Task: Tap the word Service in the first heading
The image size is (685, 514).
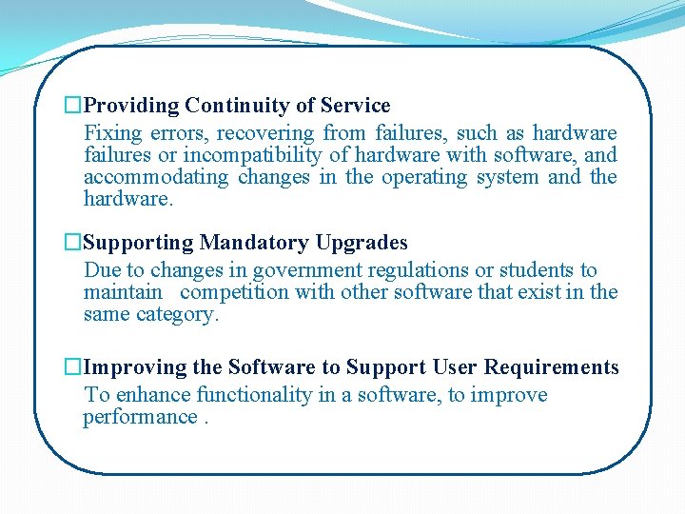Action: point(356,106)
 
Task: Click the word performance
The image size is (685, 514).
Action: point(140,418)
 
